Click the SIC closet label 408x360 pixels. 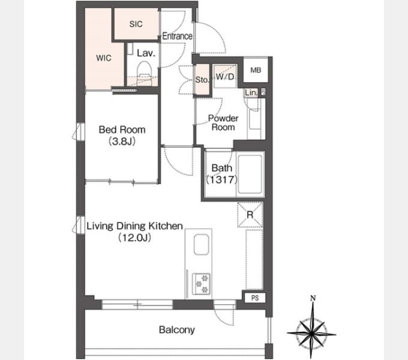[136, 24]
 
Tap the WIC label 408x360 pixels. [104, 58]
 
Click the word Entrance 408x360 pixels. [178, 36]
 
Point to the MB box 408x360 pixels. [256, 70]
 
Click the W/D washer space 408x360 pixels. [225, 76]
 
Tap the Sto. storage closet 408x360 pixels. [202, 80]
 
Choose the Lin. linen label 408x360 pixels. [251, 92]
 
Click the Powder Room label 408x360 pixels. [223, 122]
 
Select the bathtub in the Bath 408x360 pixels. [250, 174]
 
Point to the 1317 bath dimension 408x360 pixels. [221, 179]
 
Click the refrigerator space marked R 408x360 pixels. [250, 215]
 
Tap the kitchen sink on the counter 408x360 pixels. [201, 244]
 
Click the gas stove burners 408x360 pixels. [201, 284]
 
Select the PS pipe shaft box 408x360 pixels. [255, 298]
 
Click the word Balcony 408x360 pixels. [176, 330]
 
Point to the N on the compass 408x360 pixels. [313, 298]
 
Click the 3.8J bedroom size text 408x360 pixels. [122, 142]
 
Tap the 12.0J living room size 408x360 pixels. [134, 238]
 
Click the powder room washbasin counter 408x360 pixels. [254, 119]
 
